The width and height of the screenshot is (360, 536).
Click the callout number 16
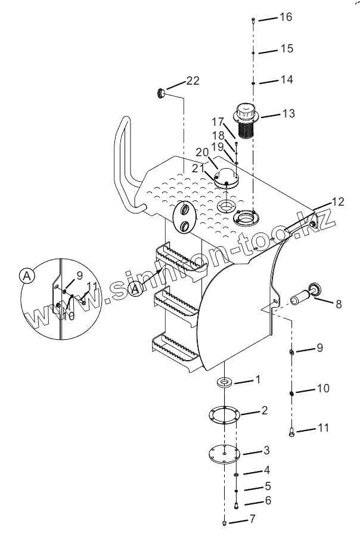pyautogui.click(x=286, y=17)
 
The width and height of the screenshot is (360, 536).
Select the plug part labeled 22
pyautogui.click(x=160, y=93)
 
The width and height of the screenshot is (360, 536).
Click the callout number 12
pyautogui.click(x=338, y=202)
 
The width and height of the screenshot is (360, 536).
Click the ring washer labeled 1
pyautogui.click(x=224, y=381)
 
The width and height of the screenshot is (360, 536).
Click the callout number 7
pyautogui.click(x=252, y=519)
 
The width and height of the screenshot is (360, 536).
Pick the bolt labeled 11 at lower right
pyautogui.click(x=291, y=432)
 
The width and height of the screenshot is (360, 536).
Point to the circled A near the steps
pyautogui.click(x=136, y=289)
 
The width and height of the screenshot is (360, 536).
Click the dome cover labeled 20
pyautogui.click(x=226, y=176)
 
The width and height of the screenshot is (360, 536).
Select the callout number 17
pyautogui.click(x=218, y=122)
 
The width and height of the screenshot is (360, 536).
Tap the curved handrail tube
pyautogui.click(x=126, y=160)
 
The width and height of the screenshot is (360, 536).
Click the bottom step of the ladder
pyautogui.click(x=175, y=353)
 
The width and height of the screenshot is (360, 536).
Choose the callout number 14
pyautogui.click(x=287, y=79)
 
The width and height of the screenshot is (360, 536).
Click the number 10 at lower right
pyautogui.click(x=323, y=388)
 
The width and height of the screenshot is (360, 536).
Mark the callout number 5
pyautogui.click(x=268, y=486)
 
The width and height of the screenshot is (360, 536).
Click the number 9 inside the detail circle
pyautogui.click(x=80, y=275)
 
